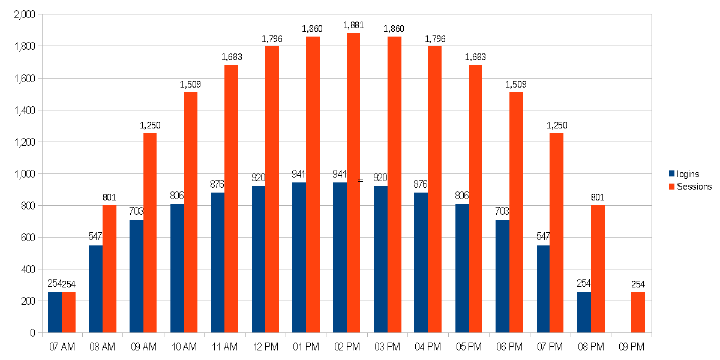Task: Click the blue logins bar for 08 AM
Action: (95, 289)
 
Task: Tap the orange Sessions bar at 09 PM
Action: (638, 312)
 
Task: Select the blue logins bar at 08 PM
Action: (584, 312)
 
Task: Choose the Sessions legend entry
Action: (690, 187)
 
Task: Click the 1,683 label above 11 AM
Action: (231, 57)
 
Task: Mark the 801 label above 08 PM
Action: (598, 197)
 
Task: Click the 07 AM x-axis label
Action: (62, 347)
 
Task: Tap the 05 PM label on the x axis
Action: (469, 347)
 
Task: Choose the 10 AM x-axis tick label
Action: (184, 347)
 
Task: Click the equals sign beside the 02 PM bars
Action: (361, 180)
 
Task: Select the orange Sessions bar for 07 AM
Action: (69, 312)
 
